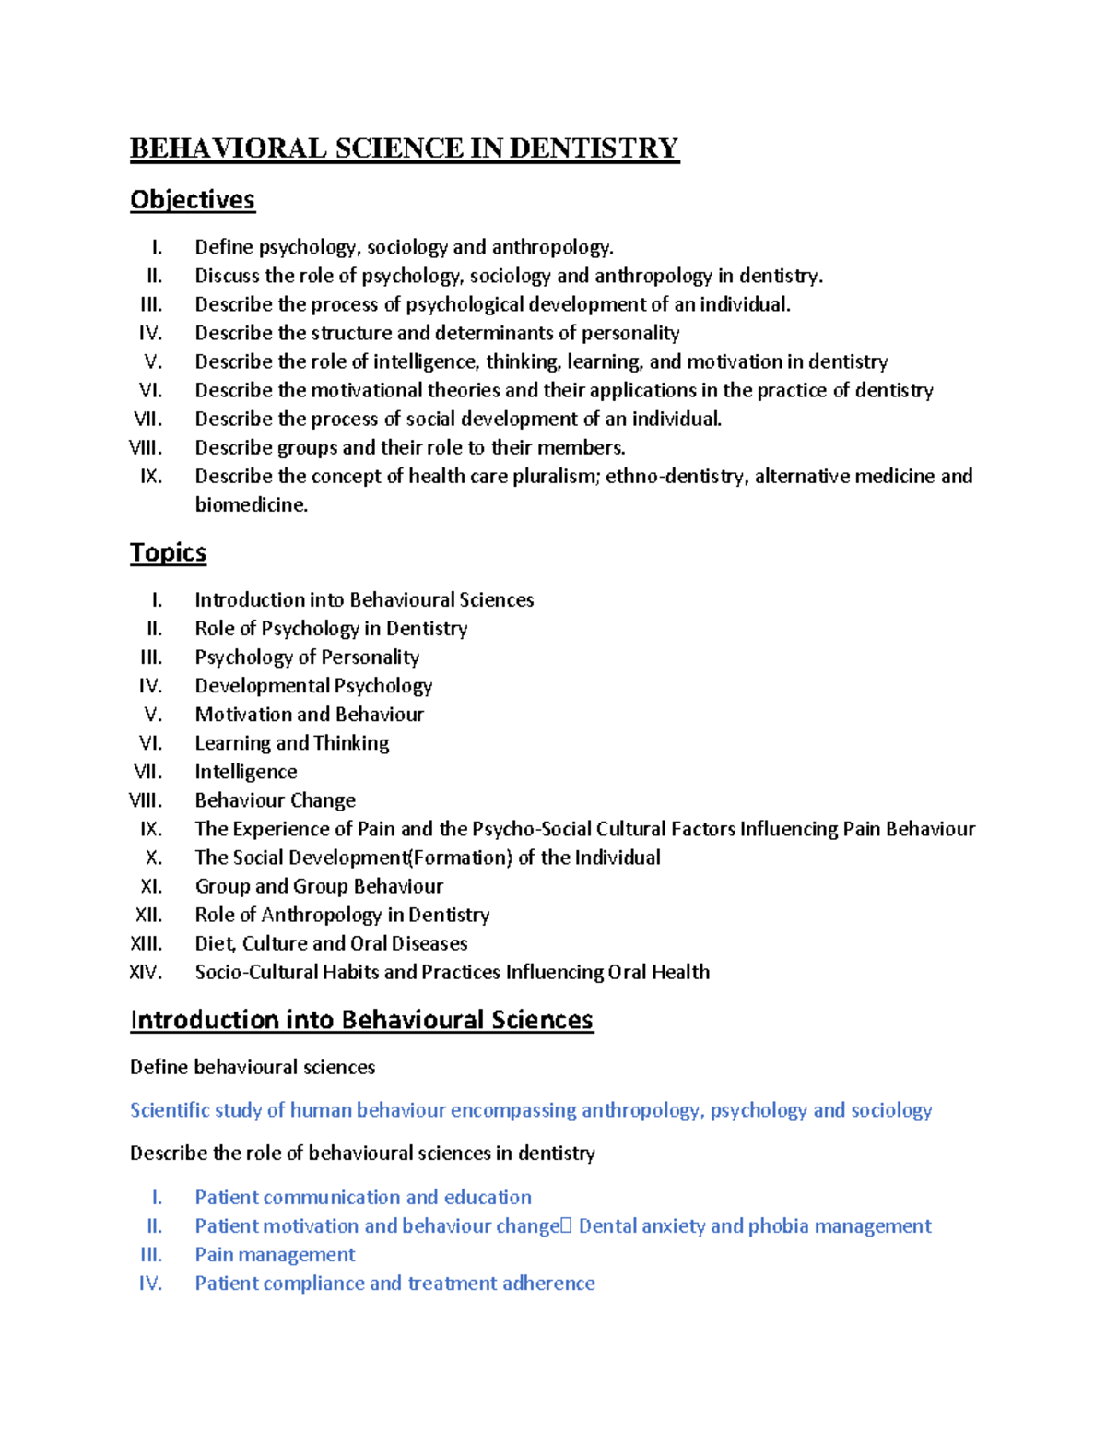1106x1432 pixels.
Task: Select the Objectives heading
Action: (192, 200)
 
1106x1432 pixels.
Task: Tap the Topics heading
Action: (168, 552)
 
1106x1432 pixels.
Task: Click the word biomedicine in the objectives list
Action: (250, 504)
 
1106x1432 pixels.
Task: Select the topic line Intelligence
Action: (245, 772)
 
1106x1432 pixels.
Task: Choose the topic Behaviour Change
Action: (275, 800)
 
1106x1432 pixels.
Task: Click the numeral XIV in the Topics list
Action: (146, 972)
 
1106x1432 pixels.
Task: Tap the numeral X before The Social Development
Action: (154, 858)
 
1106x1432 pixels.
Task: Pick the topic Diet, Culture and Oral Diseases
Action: (331, 943)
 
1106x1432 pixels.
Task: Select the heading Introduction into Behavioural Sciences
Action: (361, 1020)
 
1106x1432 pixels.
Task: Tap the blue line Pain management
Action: (275, 1255)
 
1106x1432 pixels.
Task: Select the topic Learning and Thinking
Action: (291, 743)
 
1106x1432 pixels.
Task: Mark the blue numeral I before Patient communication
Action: (157, 1198)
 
